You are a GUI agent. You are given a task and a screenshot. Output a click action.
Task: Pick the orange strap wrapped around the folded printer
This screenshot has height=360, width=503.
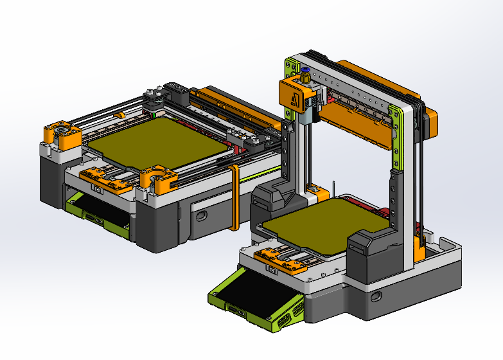234,197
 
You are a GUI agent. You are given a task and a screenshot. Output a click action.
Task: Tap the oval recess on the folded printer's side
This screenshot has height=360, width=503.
202,214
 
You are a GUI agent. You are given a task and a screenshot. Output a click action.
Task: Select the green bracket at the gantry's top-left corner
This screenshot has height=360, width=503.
290,66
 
